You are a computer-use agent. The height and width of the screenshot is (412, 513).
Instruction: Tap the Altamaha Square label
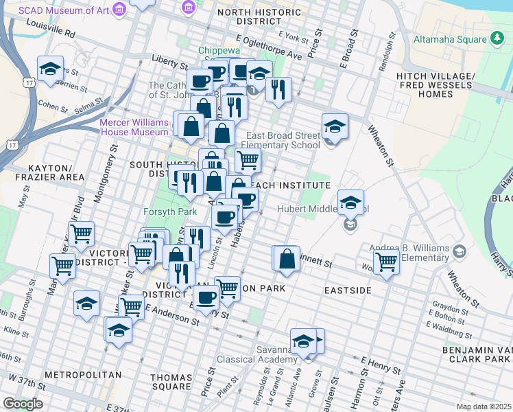[450, 39]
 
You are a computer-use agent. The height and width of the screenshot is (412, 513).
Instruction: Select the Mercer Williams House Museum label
[135, 127]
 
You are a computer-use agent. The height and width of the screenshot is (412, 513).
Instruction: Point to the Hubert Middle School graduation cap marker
[350, 203]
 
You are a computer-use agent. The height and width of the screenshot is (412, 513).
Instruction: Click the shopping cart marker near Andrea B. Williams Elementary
[387, 262]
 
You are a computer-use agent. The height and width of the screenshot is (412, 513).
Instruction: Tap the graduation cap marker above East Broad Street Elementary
[335, 126]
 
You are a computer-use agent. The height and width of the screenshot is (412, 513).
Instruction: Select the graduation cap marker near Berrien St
[50, 69]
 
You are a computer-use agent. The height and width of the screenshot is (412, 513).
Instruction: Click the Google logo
[23, 404]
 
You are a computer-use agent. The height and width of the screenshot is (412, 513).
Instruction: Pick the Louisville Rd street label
[51, 27]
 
